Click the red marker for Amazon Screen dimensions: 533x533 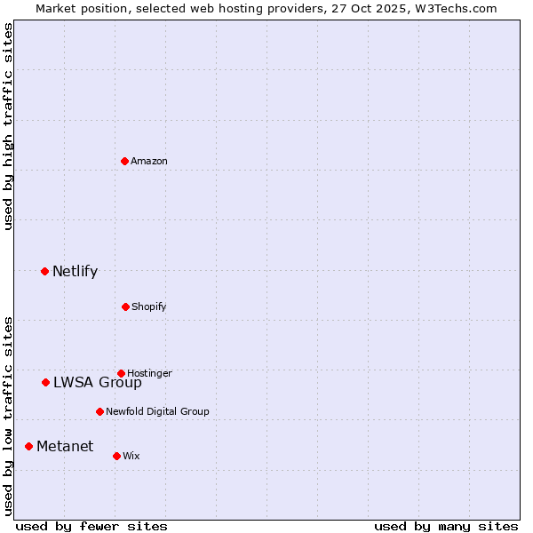(125, 161)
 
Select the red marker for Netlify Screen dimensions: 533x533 (44, 271)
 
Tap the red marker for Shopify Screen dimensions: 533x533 (125, 306)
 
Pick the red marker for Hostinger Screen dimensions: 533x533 (121, 373)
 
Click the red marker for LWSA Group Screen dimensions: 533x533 (45, 382)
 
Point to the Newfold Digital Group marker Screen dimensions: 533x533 (99, 411)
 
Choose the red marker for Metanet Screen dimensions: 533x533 (28, 446)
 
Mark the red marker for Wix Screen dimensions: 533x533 (116, 456)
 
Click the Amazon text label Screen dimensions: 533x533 (149, 162)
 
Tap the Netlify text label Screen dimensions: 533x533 (75, 272)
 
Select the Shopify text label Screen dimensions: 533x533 (149, 307)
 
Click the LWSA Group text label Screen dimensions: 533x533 (97, 383)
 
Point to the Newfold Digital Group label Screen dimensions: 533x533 (157, 412)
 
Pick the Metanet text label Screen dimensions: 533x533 (65, 447)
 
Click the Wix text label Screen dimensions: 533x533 (131, 457)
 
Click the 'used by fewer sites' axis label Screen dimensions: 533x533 (91, 527)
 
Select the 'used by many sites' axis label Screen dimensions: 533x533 (446, 527)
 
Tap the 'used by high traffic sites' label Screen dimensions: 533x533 (8, 126)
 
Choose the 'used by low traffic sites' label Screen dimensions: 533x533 (8, 416)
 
